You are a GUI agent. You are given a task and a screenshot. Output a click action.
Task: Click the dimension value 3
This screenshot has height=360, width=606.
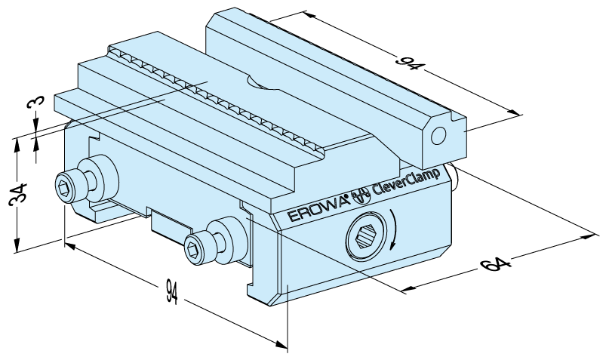point(35,102)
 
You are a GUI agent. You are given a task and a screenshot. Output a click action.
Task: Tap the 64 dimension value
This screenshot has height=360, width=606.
point(496,264)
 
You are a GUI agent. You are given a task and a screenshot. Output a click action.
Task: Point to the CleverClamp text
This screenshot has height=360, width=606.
point(406,180)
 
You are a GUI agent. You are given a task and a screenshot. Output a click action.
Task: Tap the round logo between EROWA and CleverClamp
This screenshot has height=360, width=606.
point(360,195)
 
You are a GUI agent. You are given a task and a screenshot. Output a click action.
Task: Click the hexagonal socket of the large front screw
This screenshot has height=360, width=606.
point(365,237)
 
